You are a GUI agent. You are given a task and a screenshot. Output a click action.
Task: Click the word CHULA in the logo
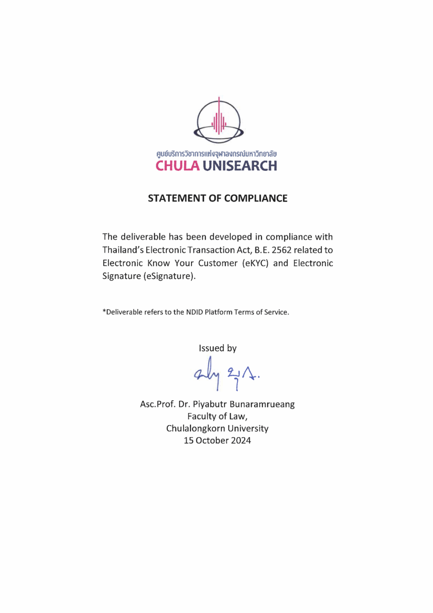[x=177, y=166]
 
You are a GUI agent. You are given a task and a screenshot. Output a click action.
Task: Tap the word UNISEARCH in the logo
[x=240, y=166]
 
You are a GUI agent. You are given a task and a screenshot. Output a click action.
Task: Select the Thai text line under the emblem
[x=216, y=154]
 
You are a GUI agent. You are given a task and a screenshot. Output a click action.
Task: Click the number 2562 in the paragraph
[x=281, y=250]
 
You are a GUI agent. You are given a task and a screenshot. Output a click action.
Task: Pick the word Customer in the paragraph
[x=218, y=263]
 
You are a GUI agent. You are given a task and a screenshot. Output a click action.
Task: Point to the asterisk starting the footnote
[x=104, y=311]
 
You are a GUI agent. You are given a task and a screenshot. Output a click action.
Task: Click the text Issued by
[x=218, y=348]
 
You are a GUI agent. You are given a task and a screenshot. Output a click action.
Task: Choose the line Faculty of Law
[x=217, y=416]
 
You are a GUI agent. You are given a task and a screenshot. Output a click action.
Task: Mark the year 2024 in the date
[x=241, y=441]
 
